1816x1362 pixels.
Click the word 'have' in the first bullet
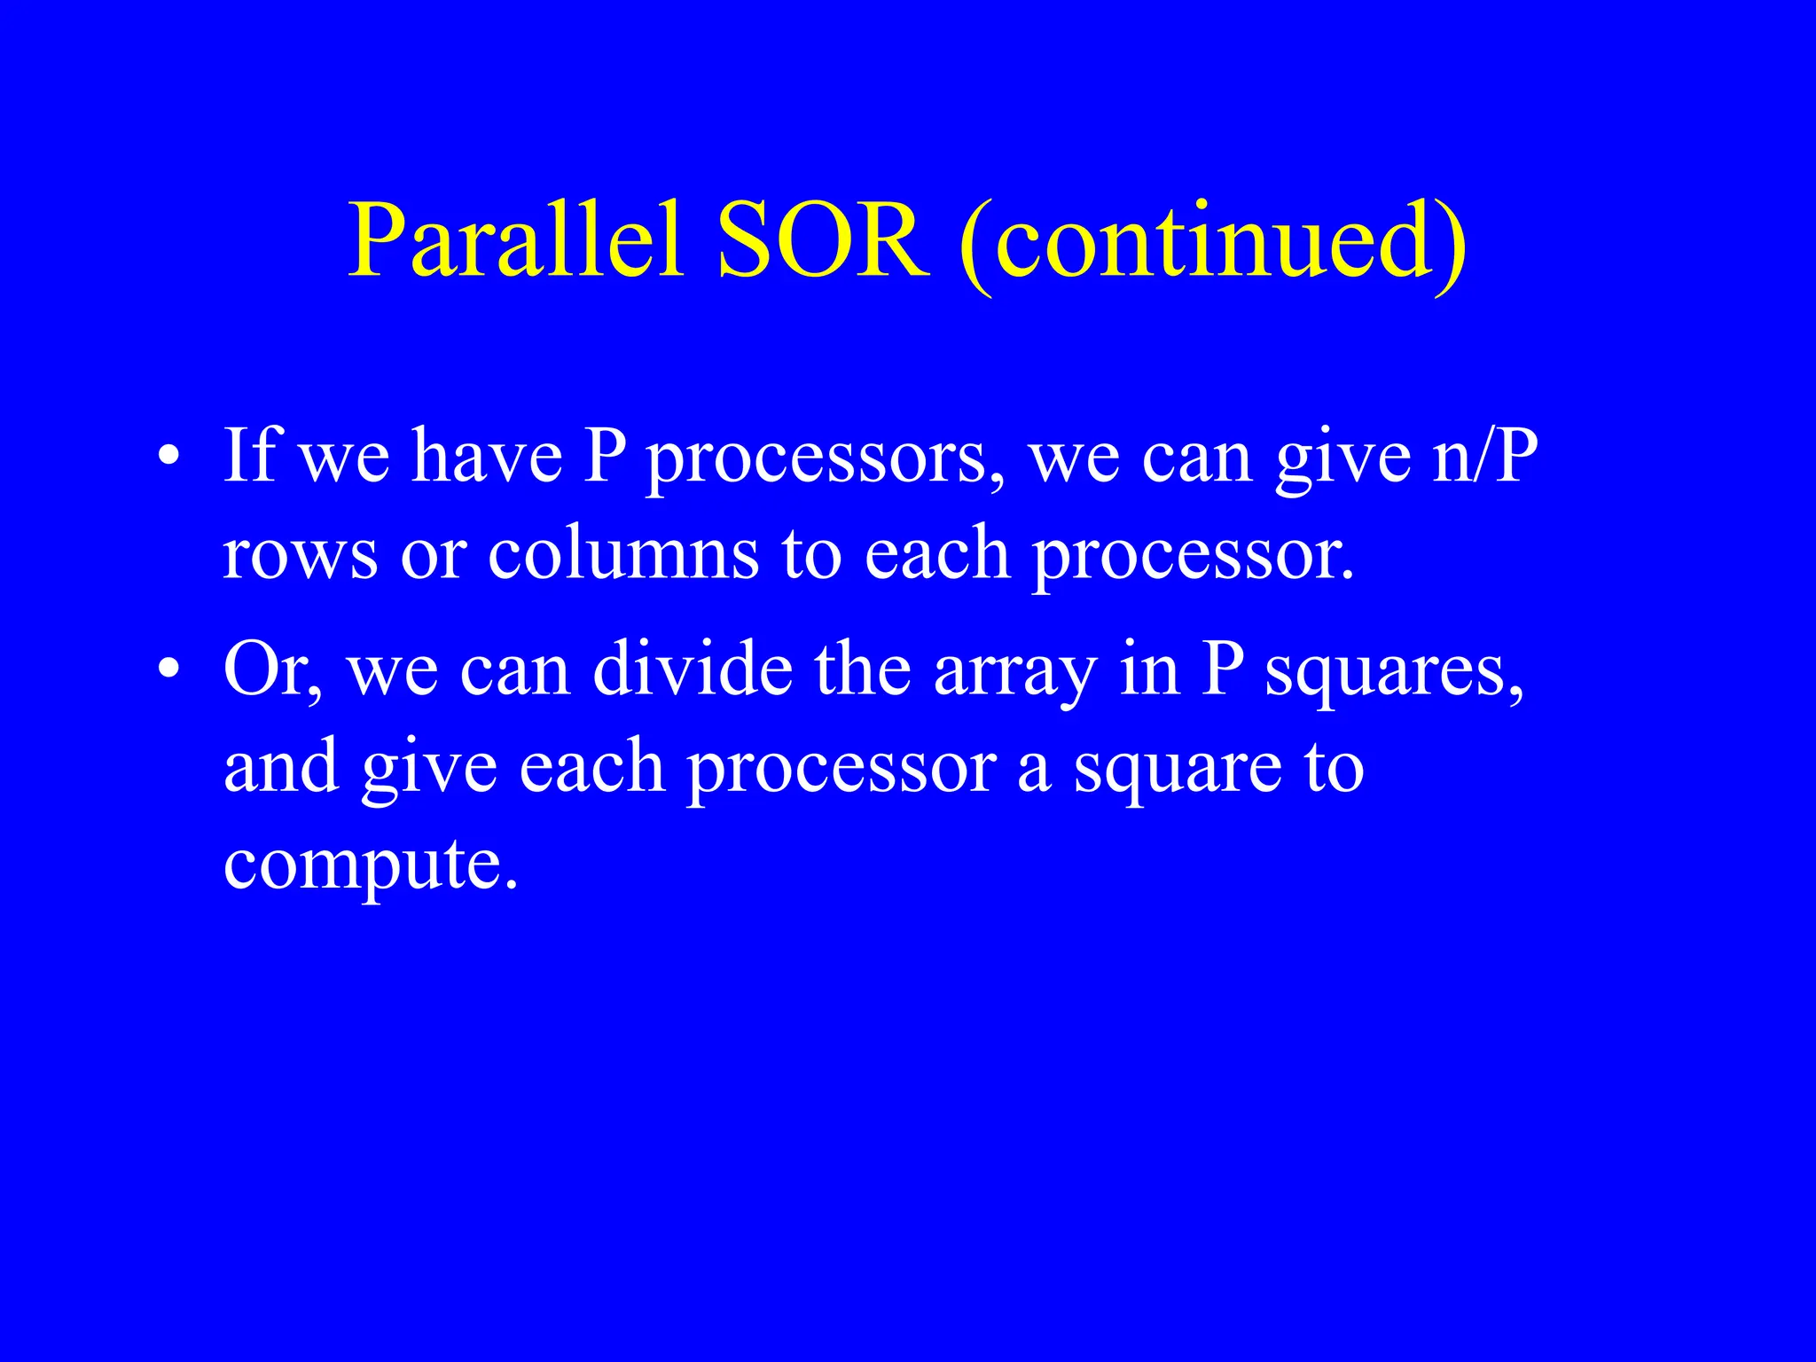point(487,456)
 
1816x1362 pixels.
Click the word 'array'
point(1015,674)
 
